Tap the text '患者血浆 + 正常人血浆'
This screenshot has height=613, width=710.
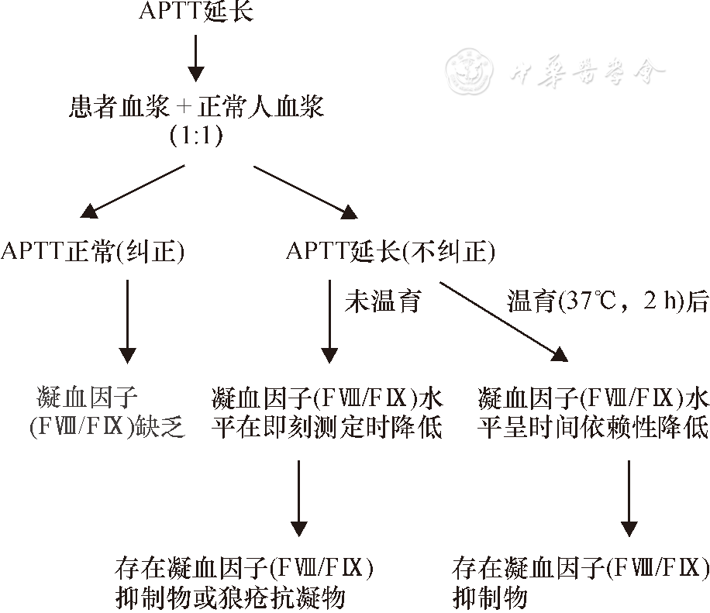(195, 107)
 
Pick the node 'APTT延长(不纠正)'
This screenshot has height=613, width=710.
(390, 252)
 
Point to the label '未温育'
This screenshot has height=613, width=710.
(383, 301)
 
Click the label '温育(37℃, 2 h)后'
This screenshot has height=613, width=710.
(608, 301)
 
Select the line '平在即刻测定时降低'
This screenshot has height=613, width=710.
(326, 427)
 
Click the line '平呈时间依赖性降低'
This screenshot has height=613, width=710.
(592, 427)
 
